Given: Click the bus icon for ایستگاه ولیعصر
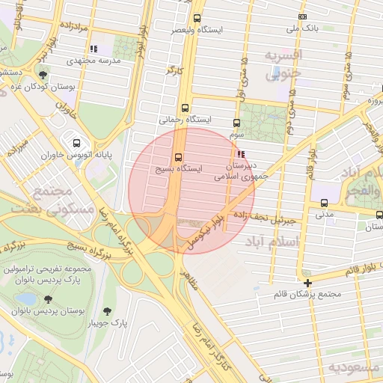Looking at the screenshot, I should pyautogui.click(x=197, y=18).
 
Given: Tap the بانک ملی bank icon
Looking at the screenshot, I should pyautogui.click(x=302, y=17).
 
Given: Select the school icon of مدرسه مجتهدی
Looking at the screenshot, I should pyautogui.click(x=94, y=49).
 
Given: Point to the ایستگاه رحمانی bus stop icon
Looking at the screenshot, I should pyautogui.click(x=185, y=108).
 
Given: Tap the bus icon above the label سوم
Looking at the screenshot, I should pyautogui.click(x=237, y=123).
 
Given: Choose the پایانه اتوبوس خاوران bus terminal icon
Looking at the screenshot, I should pyautogui.click(x=76, y=143).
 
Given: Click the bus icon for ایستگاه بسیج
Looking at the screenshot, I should pyautogui.click(x=178, y=158).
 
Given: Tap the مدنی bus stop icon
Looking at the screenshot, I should pyautogui.click(x=324, y=203).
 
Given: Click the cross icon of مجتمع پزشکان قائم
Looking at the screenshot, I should pyautogui.click(x=307, y=283).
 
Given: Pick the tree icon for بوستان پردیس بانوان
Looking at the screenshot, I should pyautogui.click(x=28, y=299).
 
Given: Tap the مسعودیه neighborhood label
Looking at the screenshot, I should pyautogui.click(x=355, y=367).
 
